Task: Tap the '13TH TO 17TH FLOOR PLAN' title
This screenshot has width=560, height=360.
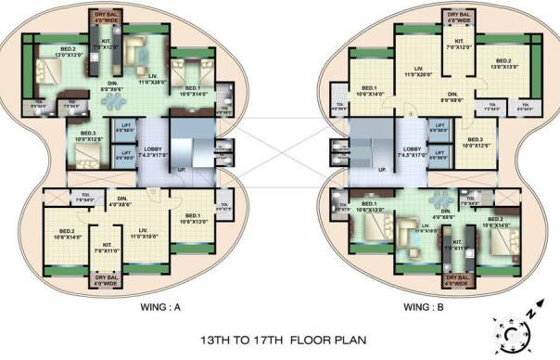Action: tap(280, 339)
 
